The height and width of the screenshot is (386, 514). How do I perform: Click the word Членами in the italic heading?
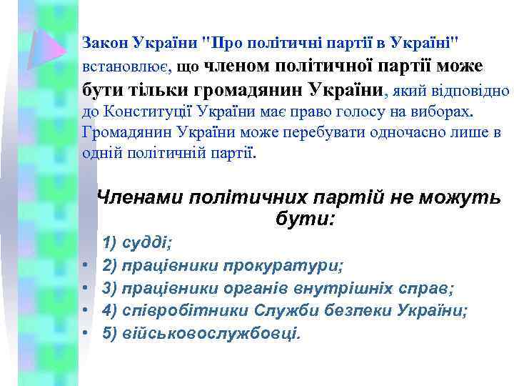(140, 198)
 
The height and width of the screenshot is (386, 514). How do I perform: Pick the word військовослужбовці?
(211, 333)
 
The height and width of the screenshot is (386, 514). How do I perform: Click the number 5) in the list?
(111, 333)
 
